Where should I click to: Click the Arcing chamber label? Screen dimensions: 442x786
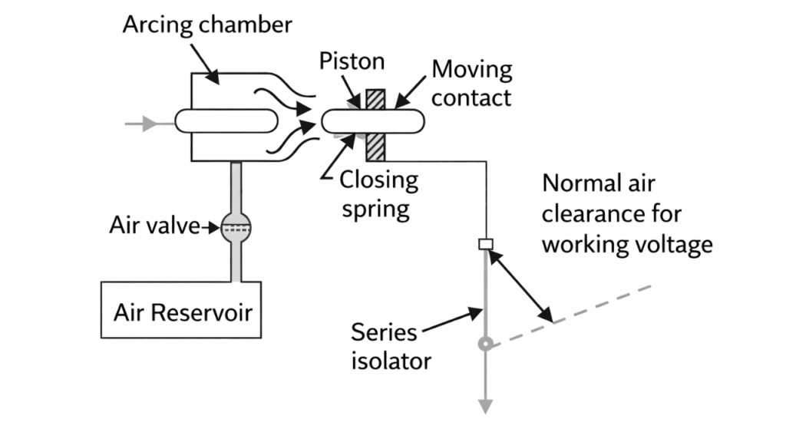(x=207, y=25)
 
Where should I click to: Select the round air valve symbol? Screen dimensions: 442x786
(x=236, y=226)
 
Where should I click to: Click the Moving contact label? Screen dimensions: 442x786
(x=471, y=83)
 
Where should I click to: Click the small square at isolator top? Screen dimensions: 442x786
(x=484, y=244)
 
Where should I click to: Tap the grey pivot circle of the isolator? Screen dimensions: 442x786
(x=484, y=345)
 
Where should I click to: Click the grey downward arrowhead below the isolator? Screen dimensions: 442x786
(x=484, y=407)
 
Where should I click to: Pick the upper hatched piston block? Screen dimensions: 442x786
(x=375, y=100)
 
